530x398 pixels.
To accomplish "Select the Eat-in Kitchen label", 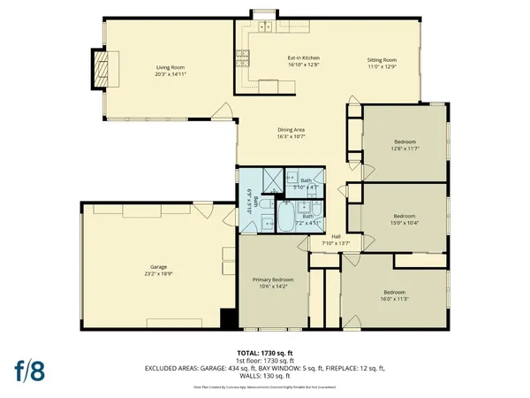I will [x=302, y=59].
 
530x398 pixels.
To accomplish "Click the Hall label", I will [x=336, y=236].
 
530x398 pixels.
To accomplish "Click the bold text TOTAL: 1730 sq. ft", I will [x=265, y=353].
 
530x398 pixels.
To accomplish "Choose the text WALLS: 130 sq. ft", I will [x=265, y=373].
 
